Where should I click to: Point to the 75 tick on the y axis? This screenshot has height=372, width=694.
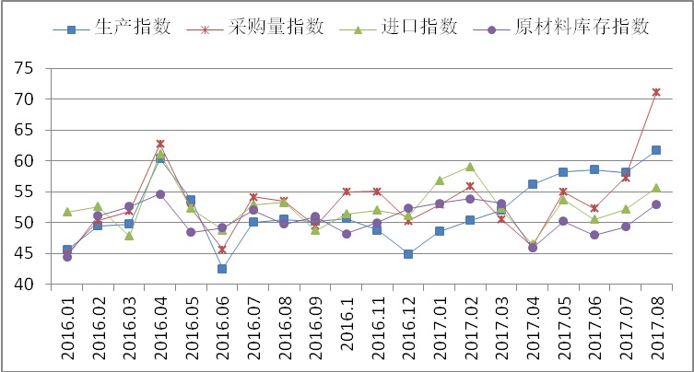pos(24,68)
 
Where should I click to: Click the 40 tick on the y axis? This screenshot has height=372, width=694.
pos(24,284)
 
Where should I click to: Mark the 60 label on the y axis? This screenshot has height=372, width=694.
pos(24,160)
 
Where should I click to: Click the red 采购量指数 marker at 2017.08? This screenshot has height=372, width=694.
pos(656,92)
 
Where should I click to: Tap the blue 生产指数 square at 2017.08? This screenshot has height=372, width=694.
pos(656,150)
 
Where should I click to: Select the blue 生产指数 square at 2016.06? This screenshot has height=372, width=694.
pos(222,269)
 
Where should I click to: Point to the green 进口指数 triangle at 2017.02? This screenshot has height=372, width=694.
pos(470,167)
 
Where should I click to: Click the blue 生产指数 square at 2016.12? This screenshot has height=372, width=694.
pos(408,254)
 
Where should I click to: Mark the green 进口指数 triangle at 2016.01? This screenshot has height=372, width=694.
pos(67,212)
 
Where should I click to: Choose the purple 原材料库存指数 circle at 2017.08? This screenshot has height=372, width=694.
pos(656,204)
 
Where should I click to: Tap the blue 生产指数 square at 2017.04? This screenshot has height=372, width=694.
pos(532,184)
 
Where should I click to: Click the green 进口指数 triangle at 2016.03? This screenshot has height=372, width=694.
pos(129,236)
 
